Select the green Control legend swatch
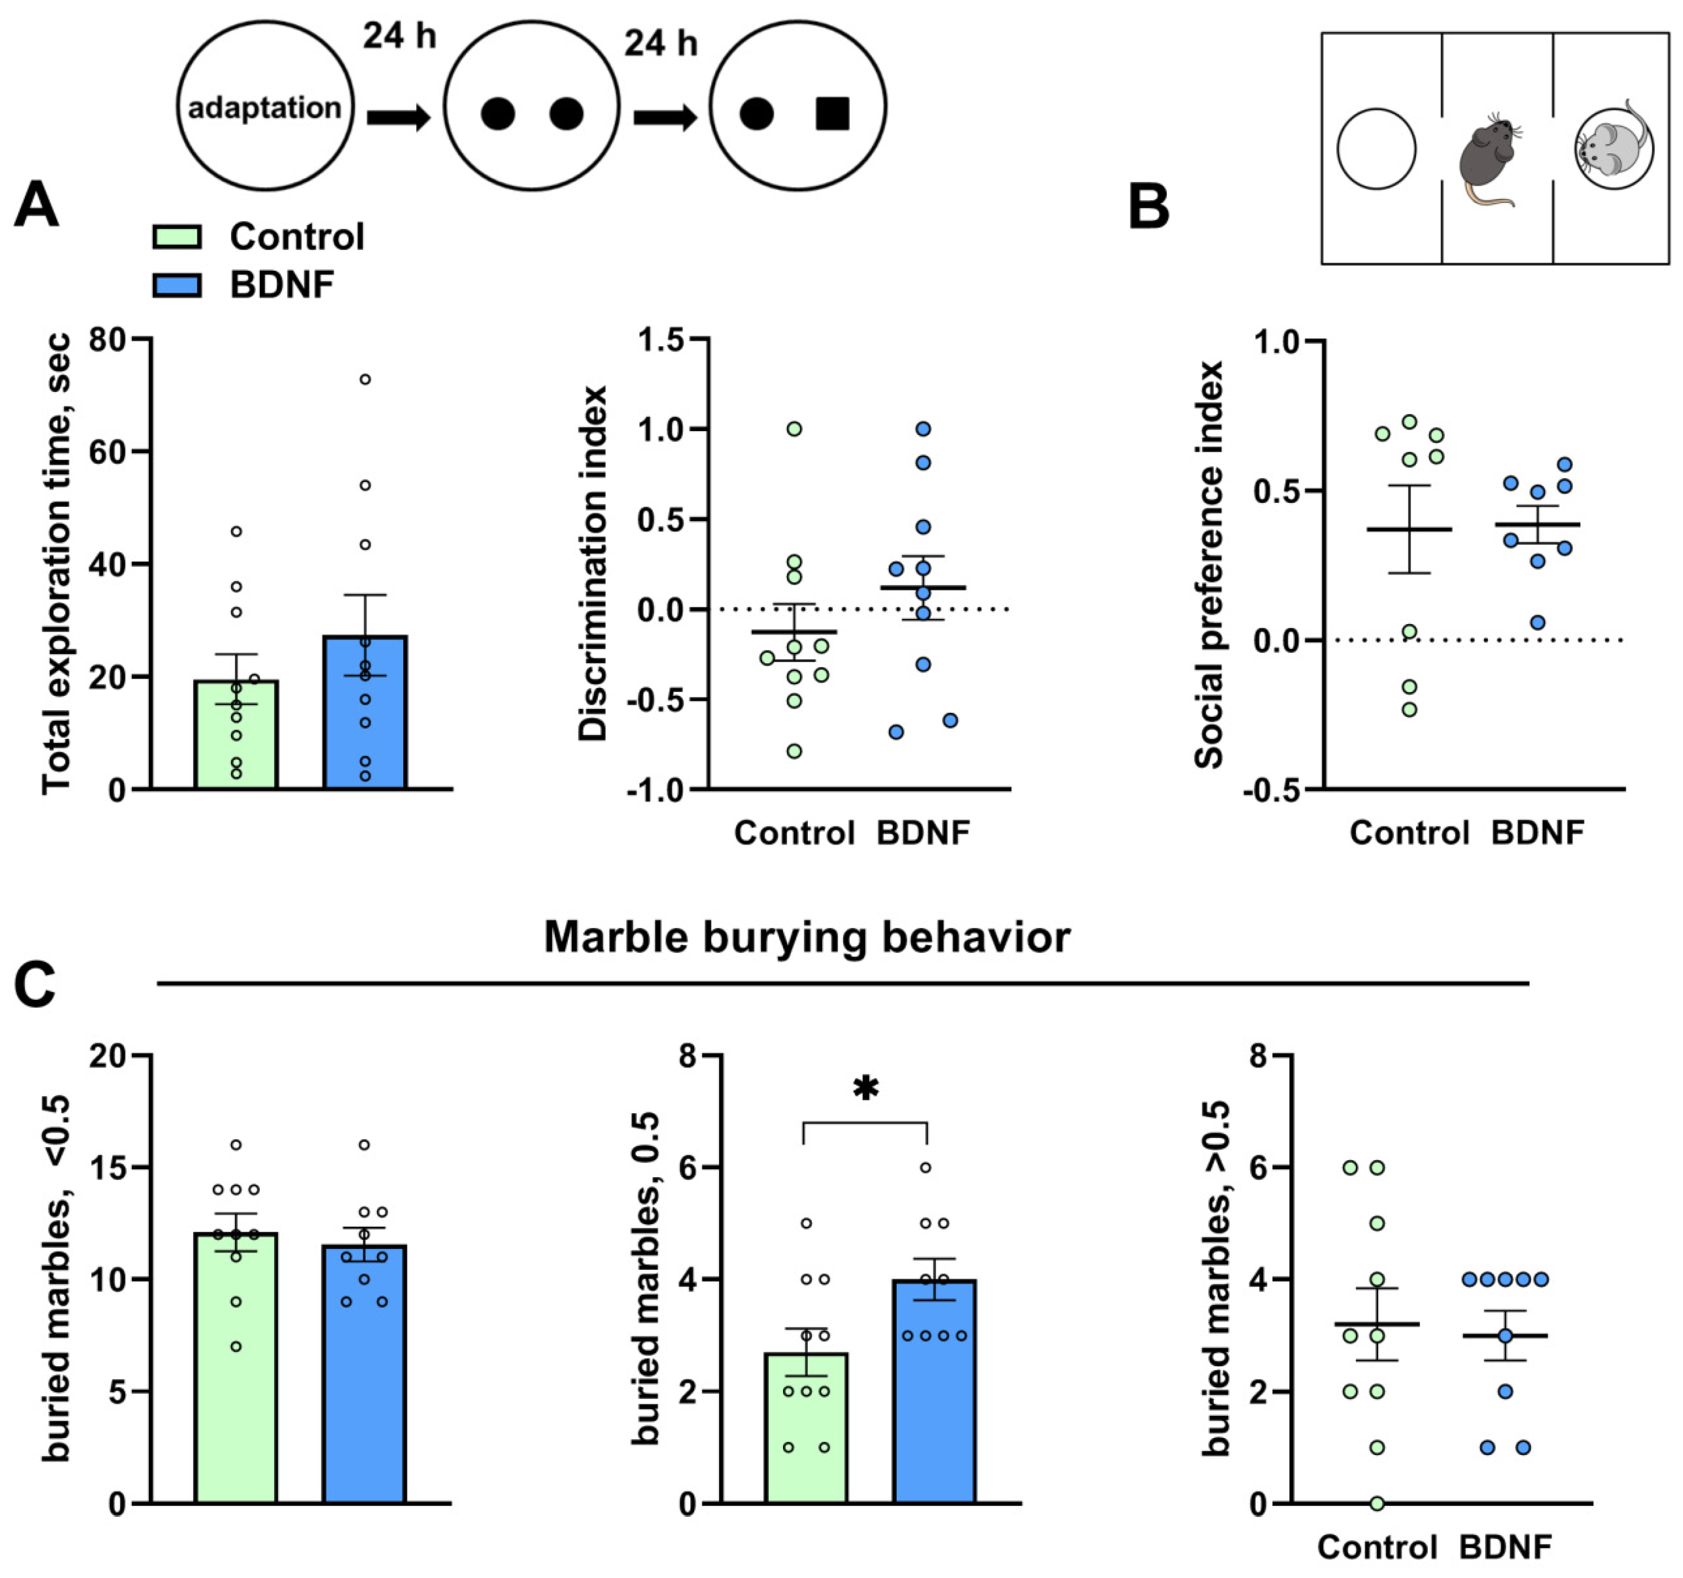177,237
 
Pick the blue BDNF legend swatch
177,285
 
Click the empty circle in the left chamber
1376,149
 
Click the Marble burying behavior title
807,937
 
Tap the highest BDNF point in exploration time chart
365,379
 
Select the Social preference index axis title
1209,565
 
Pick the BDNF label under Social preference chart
1537,833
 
